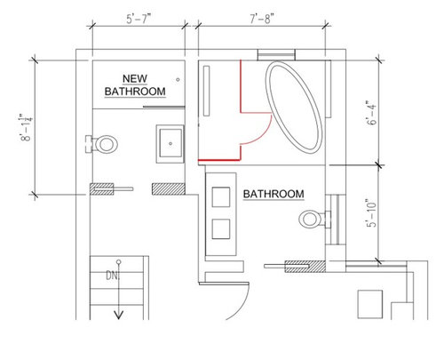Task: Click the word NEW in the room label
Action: pos(135,77)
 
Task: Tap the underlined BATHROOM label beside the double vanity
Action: pos(274,194)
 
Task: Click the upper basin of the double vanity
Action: pos(222,196)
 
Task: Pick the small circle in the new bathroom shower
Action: pos(179,80)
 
